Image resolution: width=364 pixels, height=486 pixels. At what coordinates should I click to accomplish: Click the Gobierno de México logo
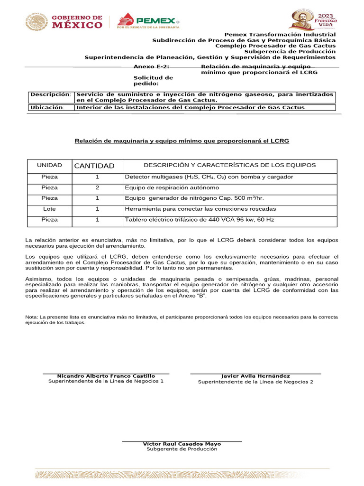point(64,22)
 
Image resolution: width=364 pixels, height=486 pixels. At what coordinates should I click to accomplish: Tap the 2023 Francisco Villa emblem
point(313,20)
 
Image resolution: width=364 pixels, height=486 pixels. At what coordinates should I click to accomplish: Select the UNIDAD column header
point(50,166)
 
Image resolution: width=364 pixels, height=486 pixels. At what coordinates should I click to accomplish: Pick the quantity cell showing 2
point(97,187)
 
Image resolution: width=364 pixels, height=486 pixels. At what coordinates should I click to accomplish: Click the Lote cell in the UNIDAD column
point(50,209)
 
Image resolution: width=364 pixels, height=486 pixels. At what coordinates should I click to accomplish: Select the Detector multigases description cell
point(209,177)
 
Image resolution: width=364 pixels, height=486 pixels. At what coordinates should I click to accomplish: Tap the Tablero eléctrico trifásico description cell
point(199,220)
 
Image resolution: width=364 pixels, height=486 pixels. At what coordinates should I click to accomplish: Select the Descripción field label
point(50,94)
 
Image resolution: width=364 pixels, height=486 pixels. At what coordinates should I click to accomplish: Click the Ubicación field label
point(47,107)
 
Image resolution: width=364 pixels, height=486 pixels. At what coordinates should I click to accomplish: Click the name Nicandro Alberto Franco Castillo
point(106,376)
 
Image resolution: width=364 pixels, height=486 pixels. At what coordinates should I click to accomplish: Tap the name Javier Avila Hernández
point(255,376)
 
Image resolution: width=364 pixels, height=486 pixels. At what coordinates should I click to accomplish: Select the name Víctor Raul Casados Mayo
point(182,444)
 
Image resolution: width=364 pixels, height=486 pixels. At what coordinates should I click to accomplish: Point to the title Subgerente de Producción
point(182,449)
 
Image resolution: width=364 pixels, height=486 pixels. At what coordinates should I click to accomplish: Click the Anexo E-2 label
point(151,67)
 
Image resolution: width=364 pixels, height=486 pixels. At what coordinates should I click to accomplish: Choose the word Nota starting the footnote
point(31,316)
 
